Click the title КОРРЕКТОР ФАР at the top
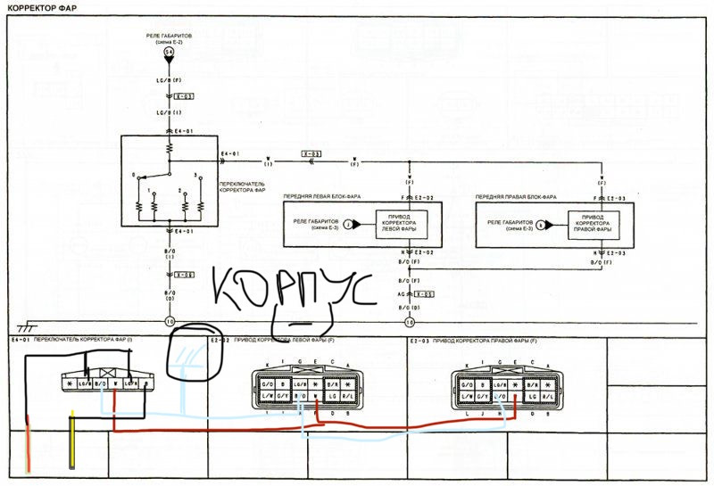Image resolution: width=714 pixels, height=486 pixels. tap(39, 6)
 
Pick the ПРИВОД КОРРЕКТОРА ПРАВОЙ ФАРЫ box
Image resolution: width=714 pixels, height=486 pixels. tap(590, 225)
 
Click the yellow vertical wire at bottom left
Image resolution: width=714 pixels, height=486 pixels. tap(72, 441)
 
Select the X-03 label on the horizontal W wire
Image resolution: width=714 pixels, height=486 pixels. tap(311, 154)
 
